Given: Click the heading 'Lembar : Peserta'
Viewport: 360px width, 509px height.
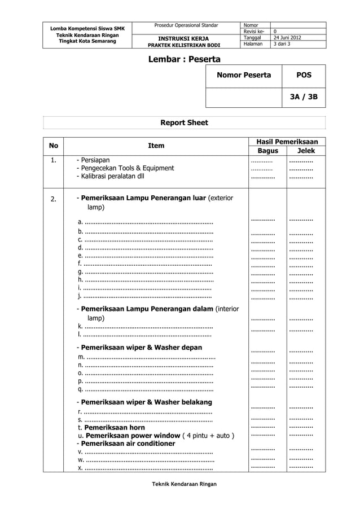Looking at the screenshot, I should click(x=184, y=59).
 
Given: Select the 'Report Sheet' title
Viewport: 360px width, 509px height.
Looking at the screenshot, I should click(x=184, y=122).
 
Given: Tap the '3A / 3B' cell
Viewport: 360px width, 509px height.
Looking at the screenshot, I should click(x=304, y=97).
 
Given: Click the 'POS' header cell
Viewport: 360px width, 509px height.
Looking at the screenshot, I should click(x=304, y=75).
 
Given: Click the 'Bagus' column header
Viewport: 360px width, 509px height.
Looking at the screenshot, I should click(x=268, y=151).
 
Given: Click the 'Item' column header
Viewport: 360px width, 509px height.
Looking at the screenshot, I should click(x=156, y=146).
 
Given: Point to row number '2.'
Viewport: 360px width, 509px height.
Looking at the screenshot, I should click(x=54, y=199).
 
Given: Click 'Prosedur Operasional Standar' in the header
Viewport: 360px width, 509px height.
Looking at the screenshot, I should click(x=182, y=25).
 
